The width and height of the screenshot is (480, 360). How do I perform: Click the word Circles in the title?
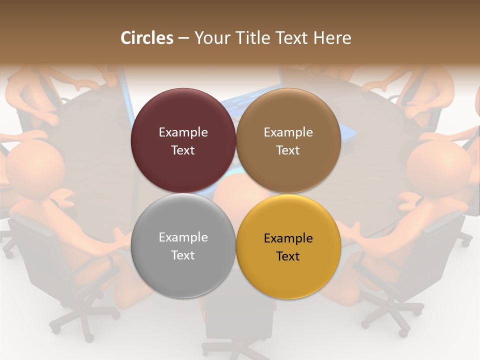point(147,38)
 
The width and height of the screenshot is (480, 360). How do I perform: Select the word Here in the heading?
point(332,38)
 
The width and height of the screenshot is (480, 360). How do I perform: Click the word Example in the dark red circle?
point(183,132)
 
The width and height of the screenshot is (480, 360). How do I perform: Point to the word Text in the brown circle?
point(288,150)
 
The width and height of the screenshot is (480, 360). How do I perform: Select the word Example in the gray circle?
point(183,237)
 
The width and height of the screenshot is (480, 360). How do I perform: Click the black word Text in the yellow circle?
point(288,256)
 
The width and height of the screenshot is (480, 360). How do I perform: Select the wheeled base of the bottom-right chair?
point(395,315)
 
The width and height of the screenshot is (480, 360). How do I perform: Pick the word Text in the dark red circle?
point(183,150)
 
